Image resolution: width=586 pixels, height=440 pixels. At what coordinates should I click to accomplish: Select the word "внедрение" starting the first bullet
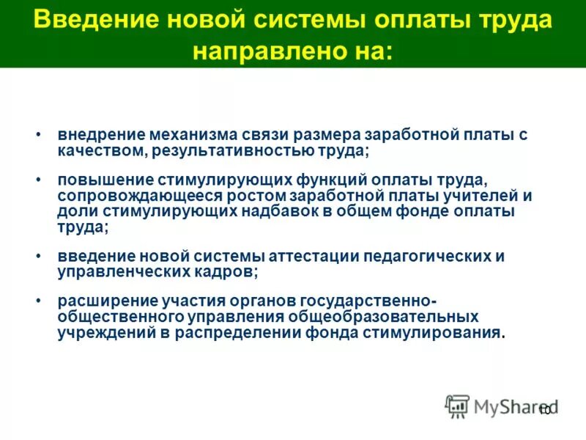tap(100, 136)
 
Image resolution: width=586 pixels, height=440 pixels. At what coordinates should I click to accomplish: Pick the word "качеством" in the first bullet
tap(94, 151)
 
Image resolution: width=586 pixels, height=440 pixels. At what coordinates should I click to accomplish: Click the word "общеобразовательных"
tap(385, 317)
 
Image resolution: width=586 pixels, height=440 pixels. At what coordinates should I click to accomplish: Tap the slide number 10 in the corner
tap(544, 411)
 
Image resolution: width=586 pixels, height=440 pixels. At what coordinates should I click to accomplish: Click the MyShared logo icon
tap(457, 406)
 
